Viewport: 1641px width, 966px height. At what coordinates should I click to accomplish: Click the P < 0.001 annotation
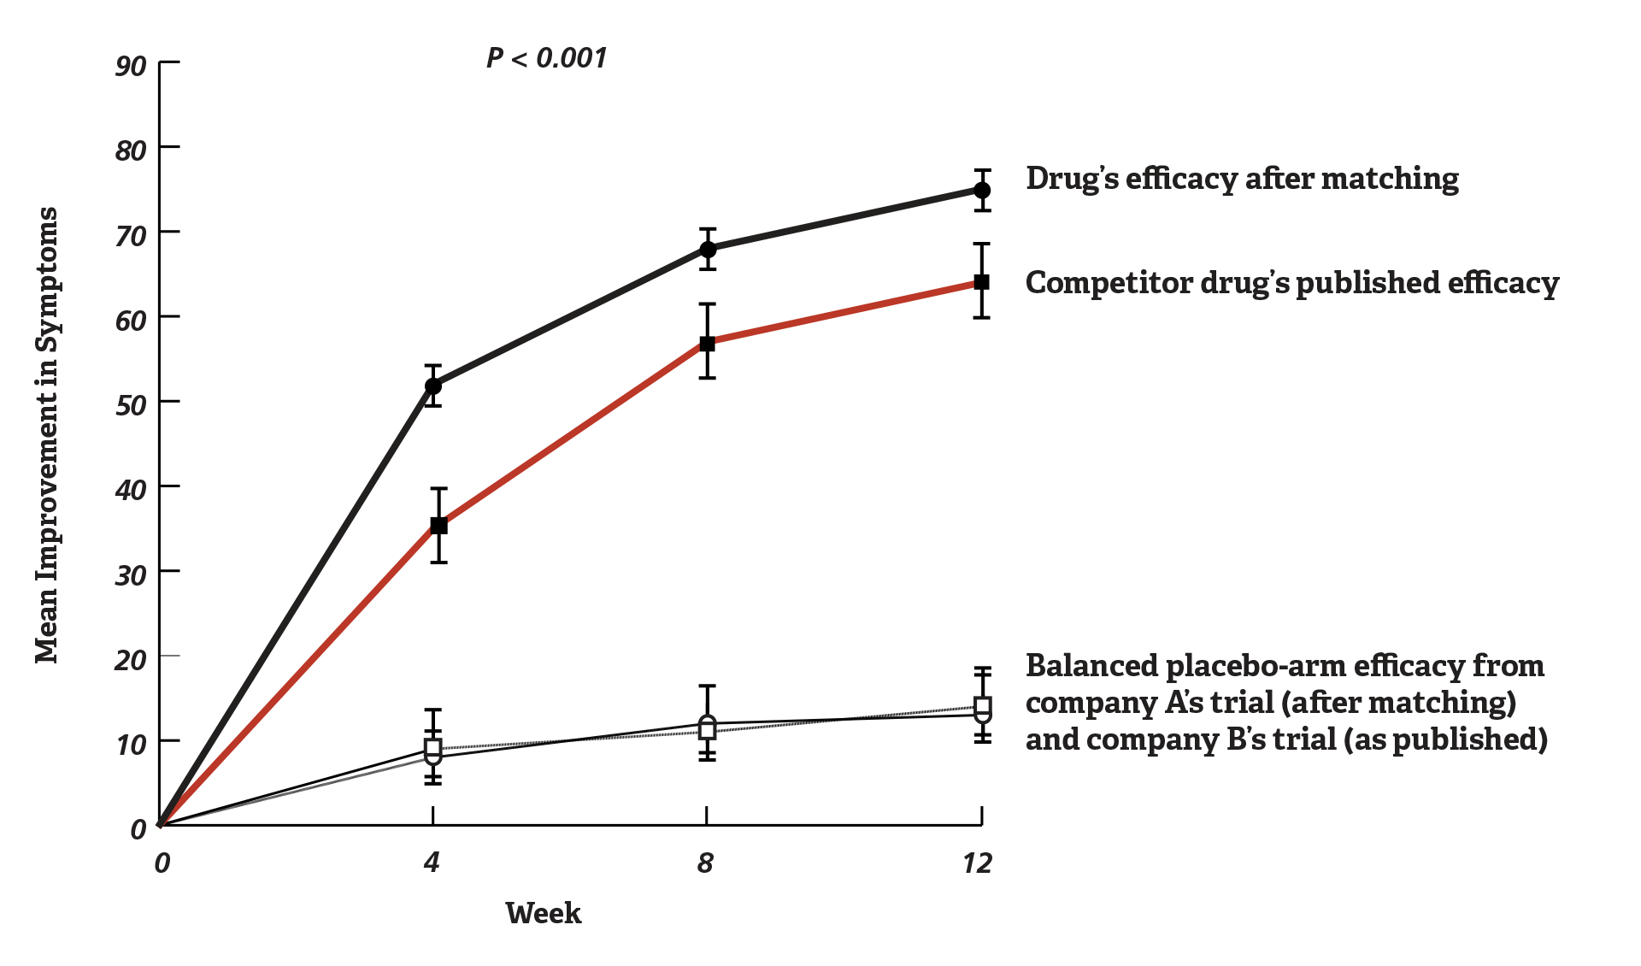click(546, 58)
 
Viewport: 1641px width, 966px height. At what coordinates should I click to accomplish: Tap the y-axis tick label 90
click(131, 66)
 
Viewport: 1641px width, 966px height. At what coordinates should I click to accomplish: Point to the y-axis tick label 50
click(131, 405)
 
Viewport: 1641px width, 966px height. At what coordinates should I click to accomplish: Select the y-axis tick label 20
click(131, 660)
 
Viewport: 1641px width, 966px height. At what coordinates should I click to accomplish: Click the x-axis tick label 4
click(431, 863)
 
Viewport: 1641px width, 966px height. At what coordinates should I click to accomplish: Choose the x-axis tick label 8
click(705, 863)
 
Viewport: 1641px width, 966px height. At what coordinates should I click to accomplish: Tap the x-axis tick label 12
click(977, 863)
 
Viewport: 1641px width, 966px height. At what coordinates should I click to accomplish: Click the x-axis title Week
click(543, 913)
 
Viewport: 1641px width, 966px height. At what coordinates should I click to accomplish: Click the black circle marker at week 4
click(433, 386)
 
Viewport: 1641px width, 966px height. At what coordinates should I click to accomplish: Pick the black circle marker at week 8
click(708, 250)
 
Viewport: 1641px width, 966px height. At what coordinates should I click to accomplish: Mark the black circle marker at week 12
click(982, 190)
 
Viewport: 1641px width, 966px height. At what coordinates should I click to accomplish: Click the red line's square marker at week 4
click(438, 526)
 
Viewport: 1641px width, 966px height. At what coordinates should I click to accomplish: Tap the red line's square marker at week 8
click(708, 344)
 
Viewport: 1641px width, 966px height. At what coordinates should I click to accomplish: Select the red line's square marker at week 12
click(982, 282)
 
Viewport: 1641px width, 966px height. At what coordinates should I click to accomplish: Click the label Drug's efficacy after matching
click(1242, 179)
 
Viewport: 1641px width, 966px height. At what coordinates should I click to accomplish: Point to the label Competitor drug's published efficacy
click(1291, 283)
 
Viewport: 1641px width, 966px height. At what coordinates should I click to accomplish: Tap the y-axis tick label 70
click(131, 236)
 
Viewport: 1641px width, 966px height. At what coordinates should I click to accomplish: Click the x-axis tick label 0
click(162, 863)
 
